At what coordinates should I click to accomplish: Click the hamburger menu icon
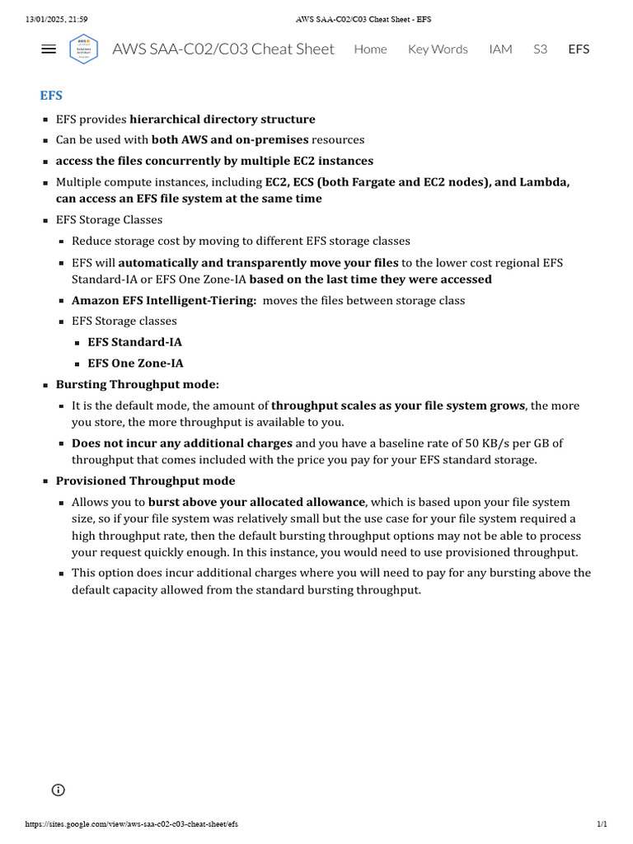(49, 49)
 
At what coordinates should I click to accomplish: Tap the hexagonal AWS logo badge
(83, 49)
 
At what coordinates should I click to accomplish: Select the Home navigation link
(370, 49)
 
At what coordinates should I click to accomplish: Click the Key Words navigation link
(438, 49)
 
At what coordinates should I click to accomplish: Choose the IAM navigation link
(500, 49)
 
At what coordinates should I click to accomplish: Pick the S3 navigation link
(540, 49)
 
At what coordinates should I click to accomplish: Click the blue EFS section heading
(51, 96)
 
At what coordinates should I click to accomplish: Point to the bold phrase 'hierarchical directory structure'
(223, 120)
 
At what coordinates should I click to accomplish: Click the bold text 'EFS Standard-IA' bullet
(135, 342)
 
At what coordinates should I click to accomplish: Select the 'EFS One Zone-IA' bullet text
(136, 363)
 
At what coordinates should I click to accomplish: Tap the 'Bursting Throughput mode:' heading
(138, 385)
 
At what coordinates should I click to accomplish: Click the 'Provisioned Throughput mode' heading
(145, 481)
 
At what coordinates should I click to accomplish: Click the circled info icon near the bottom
(59, 790)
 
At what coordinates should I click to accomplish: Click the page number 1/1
(602, 824)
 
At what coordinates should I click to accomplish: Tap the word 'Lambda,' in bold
(544, 182)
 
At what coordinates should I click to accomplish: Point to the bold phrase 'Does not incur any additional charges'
(181, 443)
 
